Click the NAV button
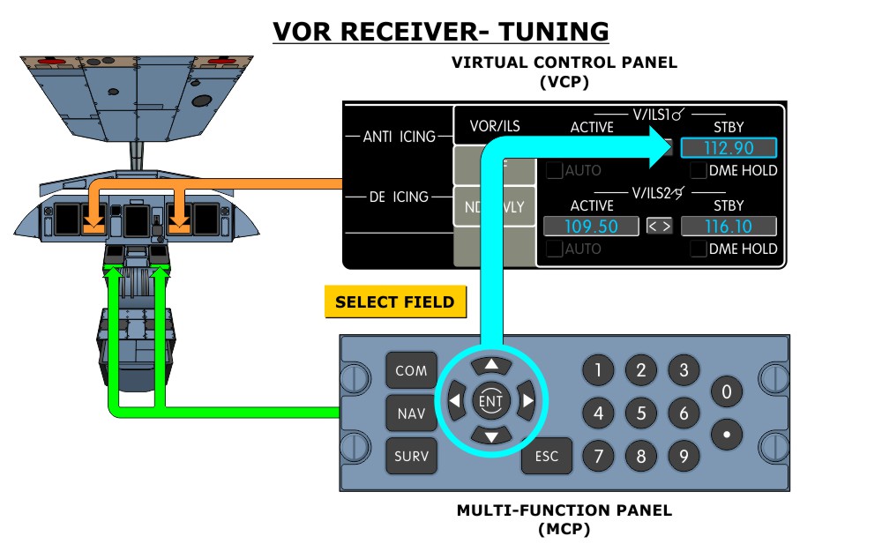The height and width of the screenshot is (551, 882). pyautogui.click(x=411, y=413)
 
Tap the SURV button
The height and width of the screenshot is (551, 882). pyautogui.click(x=411, y=456)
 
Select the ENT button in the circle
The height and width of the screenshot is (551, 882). pyautogui.click(x=491, y=401)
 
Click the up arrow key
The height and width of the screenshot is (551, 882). pyautogui.click(x=491, y=364)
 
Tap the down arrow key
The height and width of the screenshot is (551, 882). pyautogui.click(x=491, y=436)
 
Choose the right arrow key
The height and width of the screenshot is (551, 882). pyautogui.click(x=527, y=401)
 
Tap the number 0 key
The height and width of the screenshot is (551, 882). pyautogui.click(x=727, y=391)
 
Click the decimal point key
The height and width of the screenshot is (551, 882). pyautogui.click(x=727, y=435)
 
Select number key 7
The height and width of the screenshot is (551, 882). pyautogui.click(x=598, y=456)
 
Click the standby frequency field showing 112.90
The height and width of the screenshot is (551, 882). pyautogui.click(x=729, y=148)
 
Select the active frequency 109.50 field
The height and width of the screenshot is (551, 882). pyautogui.click(x=591, y=227)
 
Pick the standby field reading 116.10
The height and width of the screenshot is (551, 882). pyautogui.click(x=729, y=227)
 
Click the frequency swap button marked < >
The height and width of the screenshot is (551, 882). pyautogui.click(x=660, y=227)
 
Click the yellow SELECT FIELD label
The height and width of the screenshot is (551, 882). pyautogui.click(x=394, y=302)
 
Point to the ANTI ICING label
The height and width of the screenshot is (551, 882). pyautogui.click(x=400, y=137)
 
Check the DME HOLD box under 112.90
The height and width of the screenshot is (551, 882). pyautogui.click(x=699, y=170)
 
